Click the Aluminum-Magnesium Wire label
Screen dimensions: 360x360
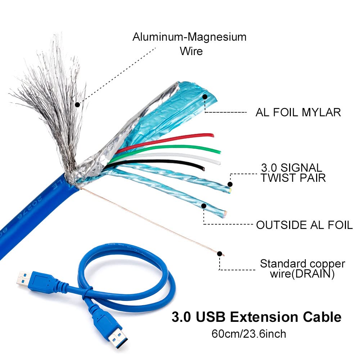(x=189, y=43)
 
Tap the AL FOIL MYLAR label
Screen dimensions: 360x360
(x=298, y=112)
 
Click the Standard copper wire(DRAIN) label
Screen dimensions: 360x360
(x=302, y=269)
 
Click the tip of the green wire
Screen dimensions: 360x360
(x=219, y=151)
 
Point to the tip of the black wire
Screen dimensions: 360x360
(x=203, y=168)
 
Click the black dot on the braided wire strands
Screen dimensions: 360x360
(x=77, y=105)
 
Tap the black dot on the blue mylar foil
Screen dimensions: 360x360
(x=205, y=96)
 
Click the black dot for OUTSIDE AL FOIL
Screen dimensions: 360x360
(x=204, y=206)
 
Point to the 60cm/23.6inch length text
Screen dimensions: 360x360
(x=249, y=334)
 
